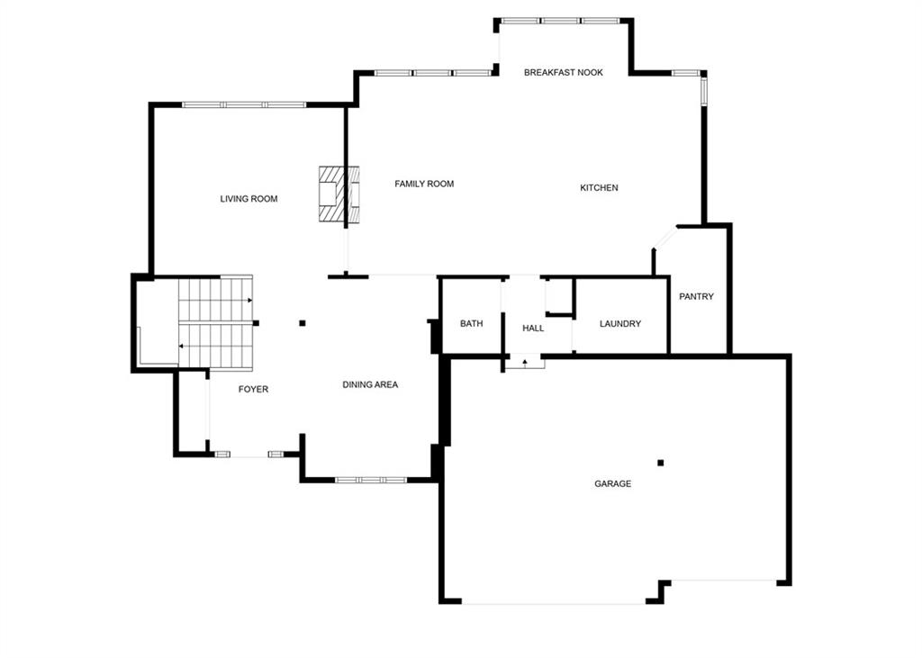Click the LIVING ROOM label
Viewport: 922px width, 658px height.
click(x=249, y=199)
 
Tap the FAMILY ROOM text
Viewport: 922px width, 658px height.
click(x=424, y=184)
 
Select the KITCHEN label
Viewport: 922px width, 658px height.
click(x=599, y=187)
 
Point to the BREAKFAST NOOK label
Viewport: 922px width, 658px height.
click(x=564, y=72)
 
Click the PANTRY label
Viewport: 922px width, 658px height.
click(x=696, y=296)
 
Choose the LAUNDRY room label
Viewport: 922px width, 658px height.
click(x=619, y=323)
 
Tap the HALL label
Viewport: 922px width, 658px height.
click(x=533, y=329)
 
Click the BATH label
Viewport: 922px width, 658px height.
click(x=471, y=323)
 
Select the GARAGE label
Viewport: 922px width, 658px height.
click(x=612, y=483)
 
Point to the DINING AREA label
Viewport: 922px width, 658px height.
click(x=370, y=384)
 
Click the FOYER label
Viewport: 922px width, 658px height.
click(x=253, y=389)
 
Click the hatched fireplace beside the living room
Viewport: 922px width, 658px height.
click(x=339, y=194)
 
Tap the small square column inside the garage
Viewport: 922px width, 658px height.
click(x=660, y=463)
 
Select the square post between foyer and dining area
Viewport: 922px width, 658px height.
click(x=303, y=323)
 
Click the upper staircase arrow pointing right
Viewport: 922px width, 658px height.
click(x=216, y=301)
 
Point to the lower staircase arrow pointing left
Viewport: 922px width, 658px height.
click(x=216, y=347)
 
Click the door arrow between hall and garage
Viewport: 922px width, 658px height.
click(x=525, y=363)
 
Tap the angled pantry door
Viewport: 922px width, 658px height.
click(x=664, y=239)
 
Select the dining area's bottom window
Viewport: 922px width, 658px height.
click(x=370, y=480)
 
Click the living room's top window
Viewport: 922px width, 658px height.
click(x=244, y=104)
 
